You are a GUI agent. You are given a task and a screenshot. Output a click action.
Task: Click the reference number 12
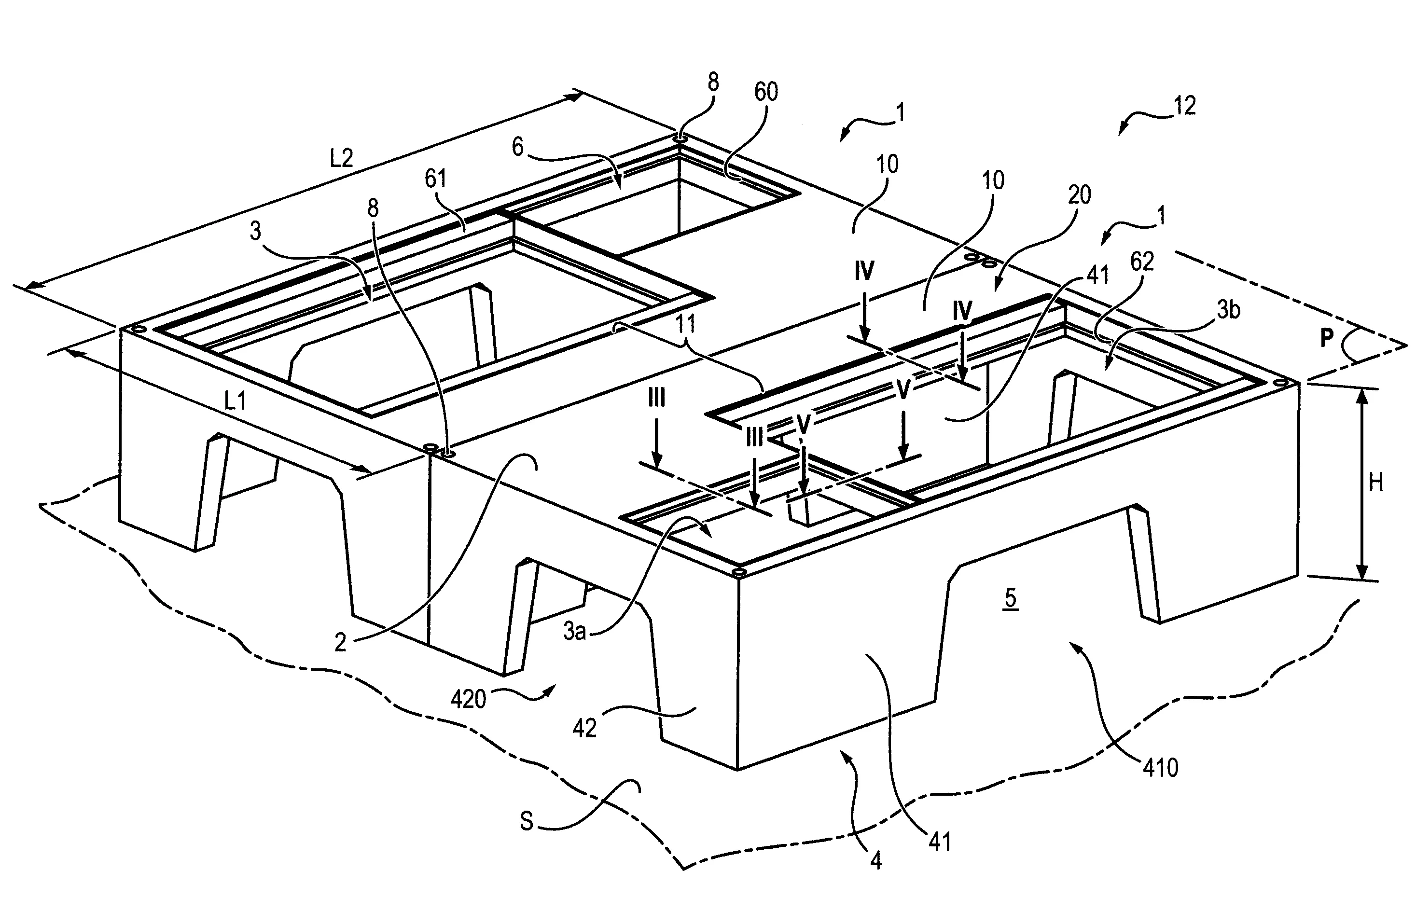(1184, 106)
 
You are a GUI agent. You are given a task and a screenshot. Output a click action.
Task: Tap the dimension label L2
(341, 158)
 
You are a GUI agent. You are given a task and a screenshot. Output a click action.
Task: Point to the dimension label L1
(235, 401)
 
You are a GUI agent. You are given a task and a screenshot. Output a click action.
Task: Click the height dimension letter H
(1376, 483)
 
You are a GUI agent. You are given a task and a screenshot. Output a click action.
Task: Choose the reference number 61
(435, 178)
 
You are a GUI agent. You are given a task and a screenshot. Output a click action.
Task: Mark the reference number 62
(1142, 261)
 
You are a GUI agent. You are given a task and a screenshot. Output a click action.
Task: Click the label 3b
(1228, 310)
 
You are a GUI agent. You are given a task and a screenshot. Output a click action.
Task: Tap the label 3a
(574, 632)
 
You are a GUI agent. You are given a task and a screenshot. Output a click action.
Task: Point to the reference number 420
(468, 699)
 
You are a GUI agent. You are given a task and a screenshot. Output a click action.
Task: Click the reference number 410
(1160, 768)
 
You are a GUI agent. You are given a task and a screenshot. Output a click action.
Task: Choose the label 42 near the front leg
(584, 728)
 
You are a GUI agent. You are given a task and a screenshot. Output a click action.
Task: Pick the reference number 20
(1079, 194)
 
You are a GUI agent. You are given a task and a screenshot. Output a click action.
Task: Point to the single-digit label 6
(517, 147)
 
